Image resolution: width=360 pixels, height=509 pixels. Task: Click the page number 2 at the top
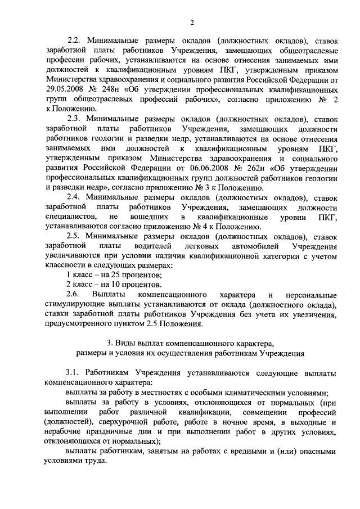pos(191,22)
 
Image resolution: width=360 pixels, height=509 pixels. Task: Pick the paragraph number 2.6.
pos(73,295)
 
